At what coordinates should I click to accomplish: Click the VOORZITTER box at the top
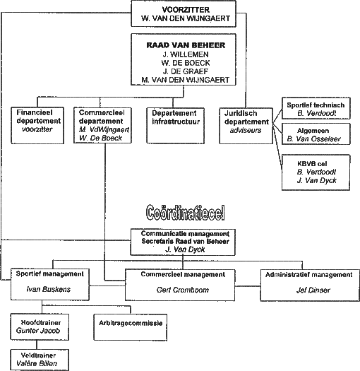point(184,13)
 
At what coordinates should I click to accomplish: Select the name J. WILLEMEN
point(186,54)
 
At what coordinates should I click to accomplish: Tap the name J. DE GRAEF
point(186,71)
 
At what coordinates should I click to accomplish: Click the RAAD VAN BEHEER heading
point(186,45)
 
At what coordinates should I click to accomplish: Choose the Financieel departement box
point(37,125)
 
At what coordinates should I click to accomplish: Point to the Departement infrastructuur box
point(175,126)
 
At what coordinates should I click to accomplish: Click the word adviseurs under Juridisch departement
point(246,130)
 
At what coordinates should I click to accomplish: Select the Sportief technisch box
point(316,108)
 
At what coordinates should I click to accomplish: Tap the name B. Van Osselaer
point(313,139)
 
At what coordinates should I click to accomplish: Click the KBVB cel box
point(316,172)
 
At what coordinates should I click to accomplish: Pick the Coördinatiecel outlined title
point(186,213)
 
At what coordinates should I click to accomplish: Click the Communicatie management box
point(183,242)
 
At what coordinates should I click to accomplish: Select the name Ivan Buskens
point(49,289)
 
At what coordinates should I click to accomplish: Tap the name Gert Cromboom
point(183,290)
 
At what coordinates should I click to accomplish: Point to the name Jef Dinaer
point(313,290)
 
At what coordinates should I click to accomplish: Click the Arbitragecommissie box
point(131,327)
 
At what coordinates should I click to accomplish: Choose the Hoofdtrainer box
point(40,327)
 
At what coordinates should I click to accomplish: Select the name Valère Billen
point(37,363)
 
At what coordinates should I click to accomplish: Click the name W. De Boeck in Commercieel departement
point(100,138)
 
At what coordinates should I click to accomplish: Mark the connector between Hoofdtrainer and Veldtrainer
point(37,345)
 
